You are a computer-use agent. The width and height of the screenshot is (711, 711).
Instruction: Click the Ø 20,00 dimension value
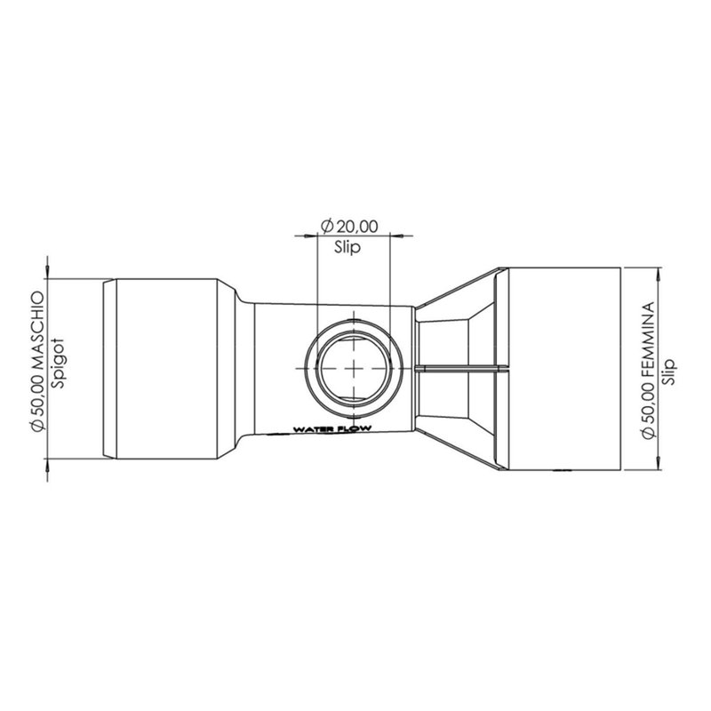[x=352, y=227]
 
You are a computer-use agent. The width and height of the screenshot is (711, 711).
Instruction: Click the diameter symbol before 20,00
[x=326, y=227]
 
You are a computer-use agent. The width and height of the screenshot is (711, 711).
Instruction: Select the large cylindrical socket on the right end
[x=562, y=368]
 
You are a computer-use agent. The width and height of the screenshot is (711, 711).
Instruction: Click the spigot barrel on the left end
[x=164, y=368]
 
